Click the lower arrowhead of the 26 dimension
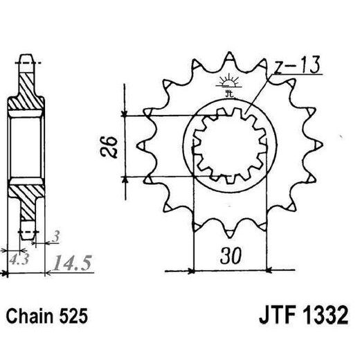[125, 179]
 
